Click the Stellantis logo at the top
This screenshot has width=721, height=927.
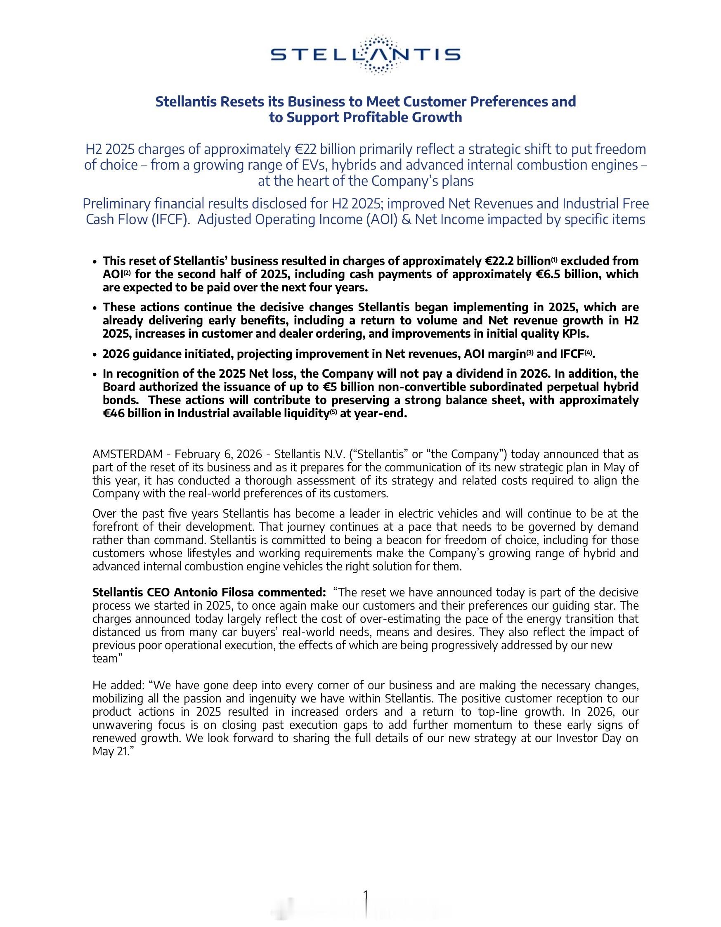coord(365,55)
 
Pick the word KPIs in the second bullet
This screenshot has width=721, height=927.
coord(575,333)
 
